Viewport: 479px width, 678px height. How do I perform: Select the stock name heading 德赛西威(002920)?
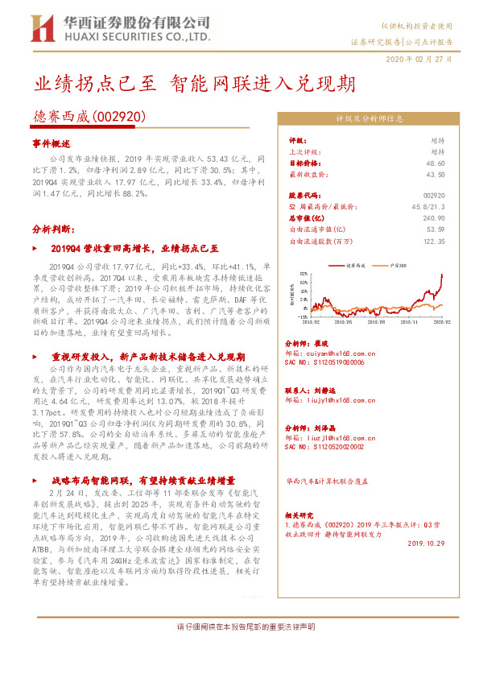pos(89,117)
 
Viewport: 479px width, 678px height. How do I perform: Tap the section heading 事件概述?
pos(52,143)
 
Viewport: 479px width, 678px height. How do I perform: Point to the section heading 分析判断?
pos(54,229)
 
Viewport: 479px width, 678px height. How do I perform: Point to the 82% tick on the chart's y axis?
pos(304,274)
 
